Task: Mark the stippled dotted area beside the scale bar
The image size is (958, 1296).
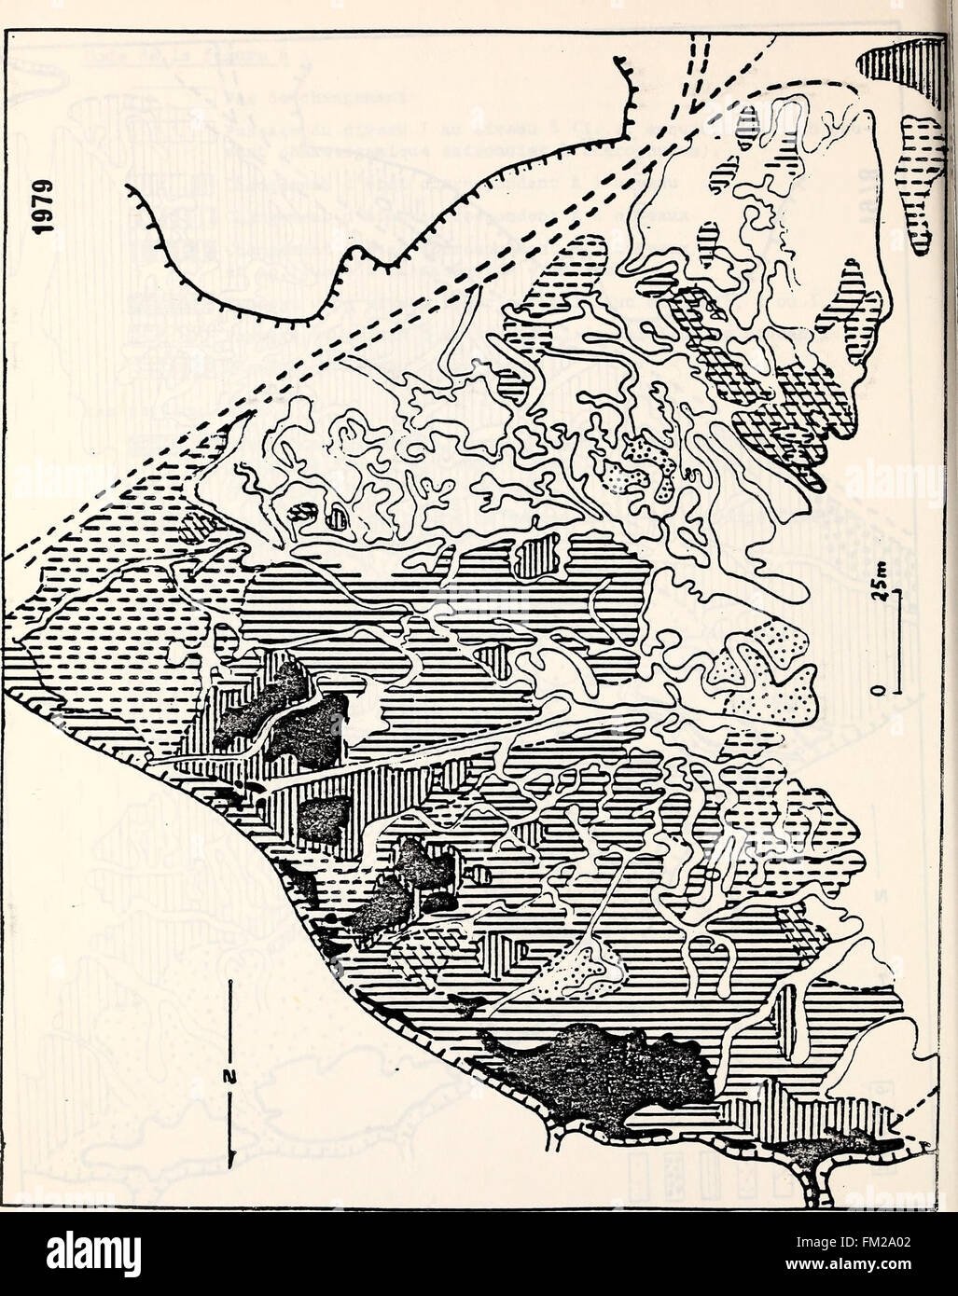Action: (765, 676)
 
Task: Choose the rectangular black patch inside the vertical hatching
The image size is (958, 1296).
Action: (323, 820)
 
